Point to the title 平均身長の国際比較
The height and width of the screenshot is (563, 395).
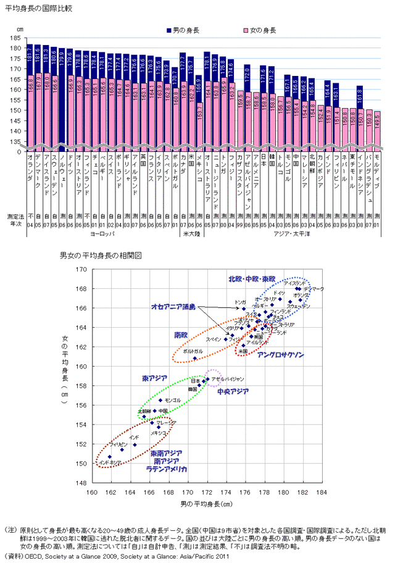35,7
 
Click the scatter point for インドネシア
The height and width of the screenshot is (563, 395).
110,457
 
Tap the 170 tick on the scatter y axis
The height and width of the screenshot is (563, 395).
83,270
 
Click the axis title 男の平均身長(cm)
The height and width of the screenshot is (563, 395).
207,504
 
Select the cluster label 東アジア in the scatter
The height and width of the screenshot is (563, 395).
154,377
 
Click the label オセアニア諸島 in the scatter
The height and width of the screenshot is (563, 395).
173,307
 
